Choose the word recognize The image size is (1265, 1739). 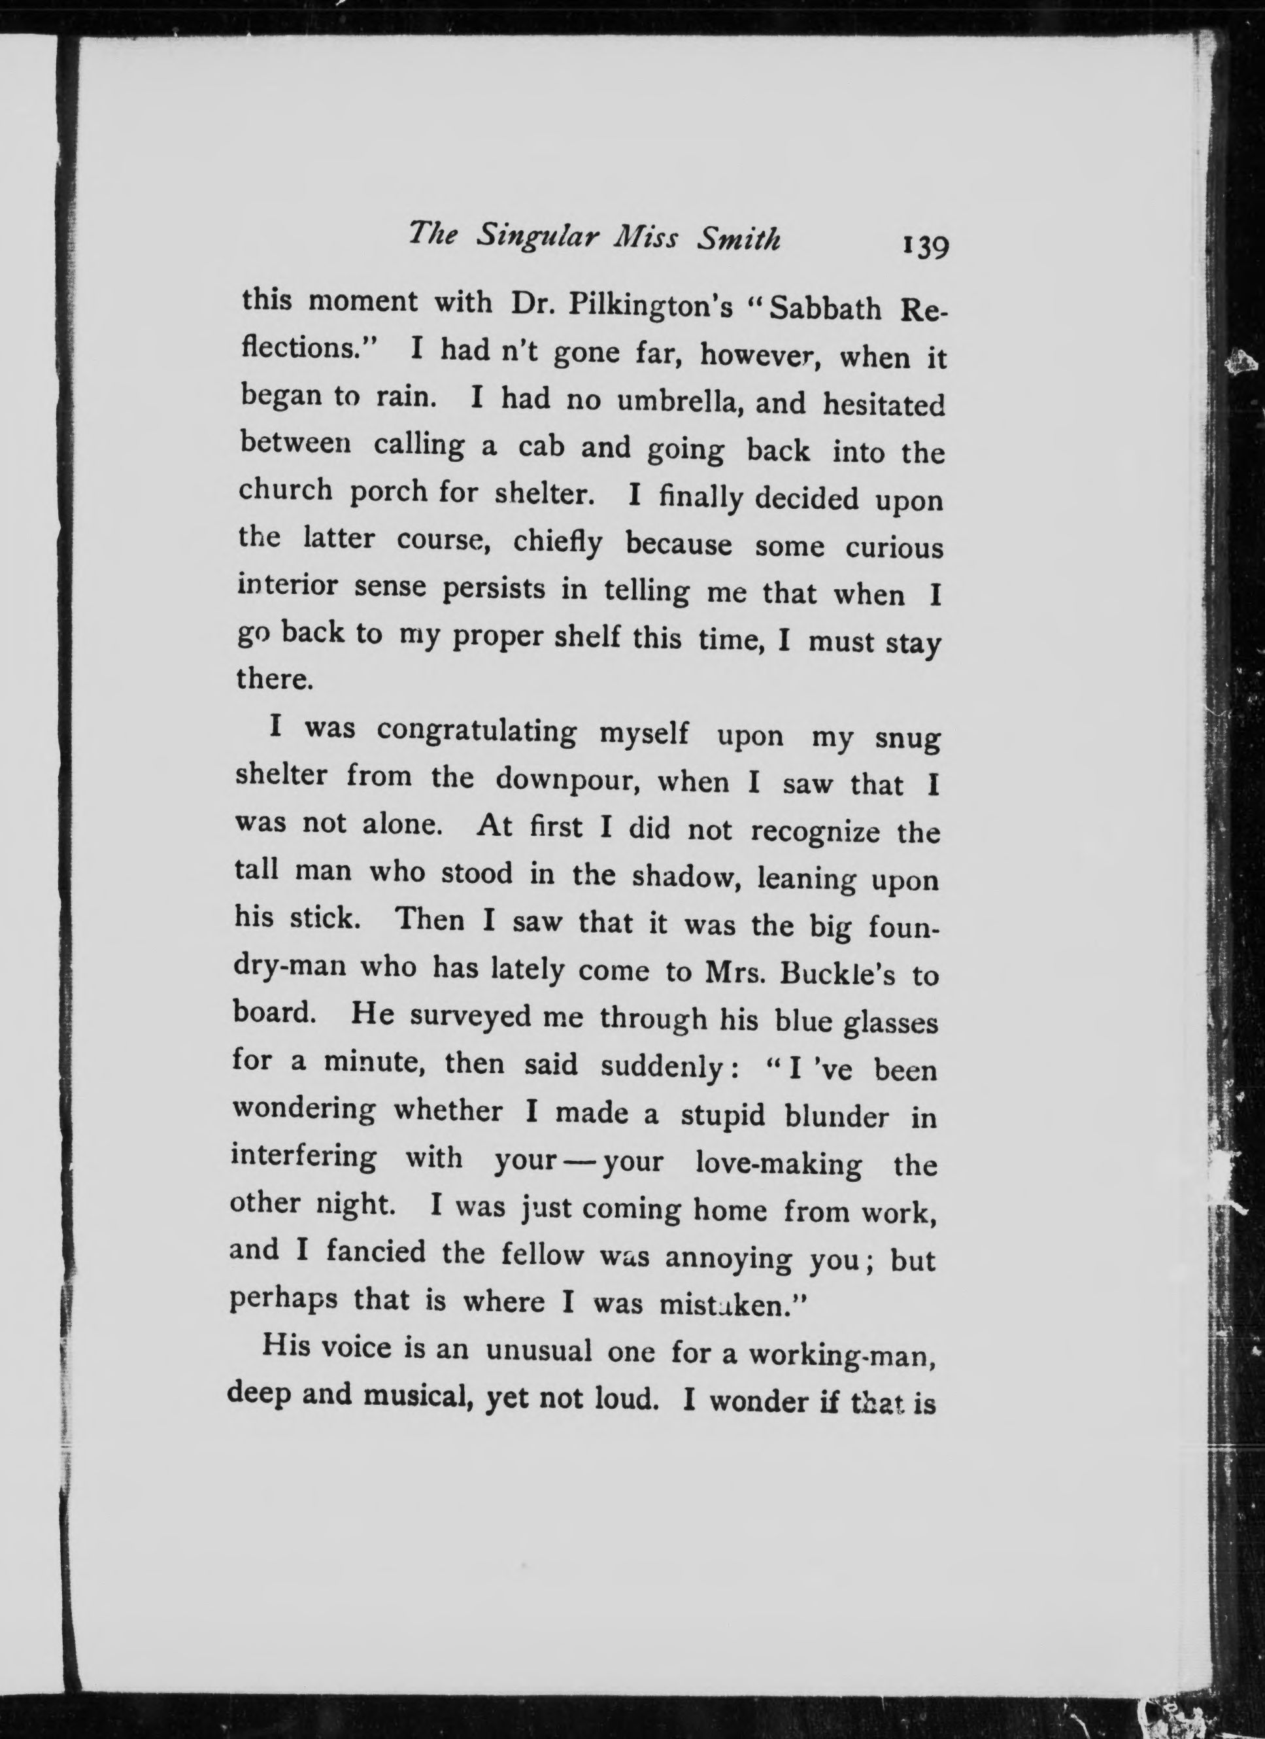click(815, 832)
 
